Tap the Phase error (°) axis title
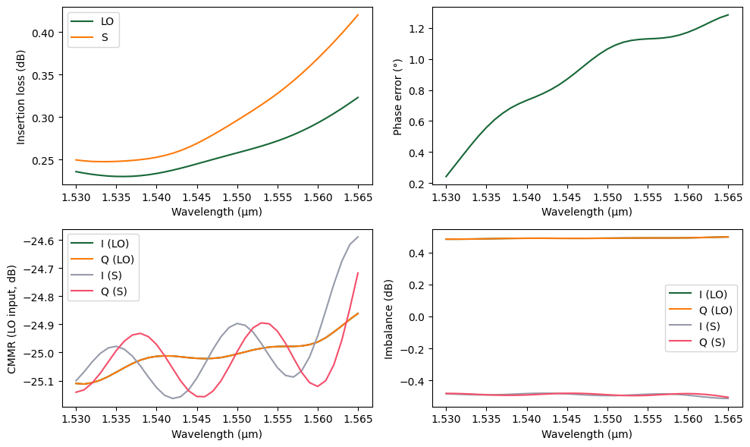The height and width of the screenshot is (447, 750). (397, 96)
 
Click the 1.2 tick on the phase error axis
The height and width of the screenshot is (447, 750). (419, 29)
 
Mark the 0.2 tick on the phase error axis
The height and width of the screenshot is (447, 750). (419, 184)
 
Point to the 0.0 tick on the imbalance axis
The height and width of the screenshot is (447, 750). (419, 316)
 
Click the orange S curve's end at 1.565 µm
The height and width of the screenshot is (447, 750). (358, 14)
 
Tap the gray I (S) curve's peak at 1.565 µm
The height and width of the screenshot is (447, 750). (358, 237)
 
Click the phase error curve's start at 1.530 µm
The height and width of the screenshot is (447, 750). (446, 177)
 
